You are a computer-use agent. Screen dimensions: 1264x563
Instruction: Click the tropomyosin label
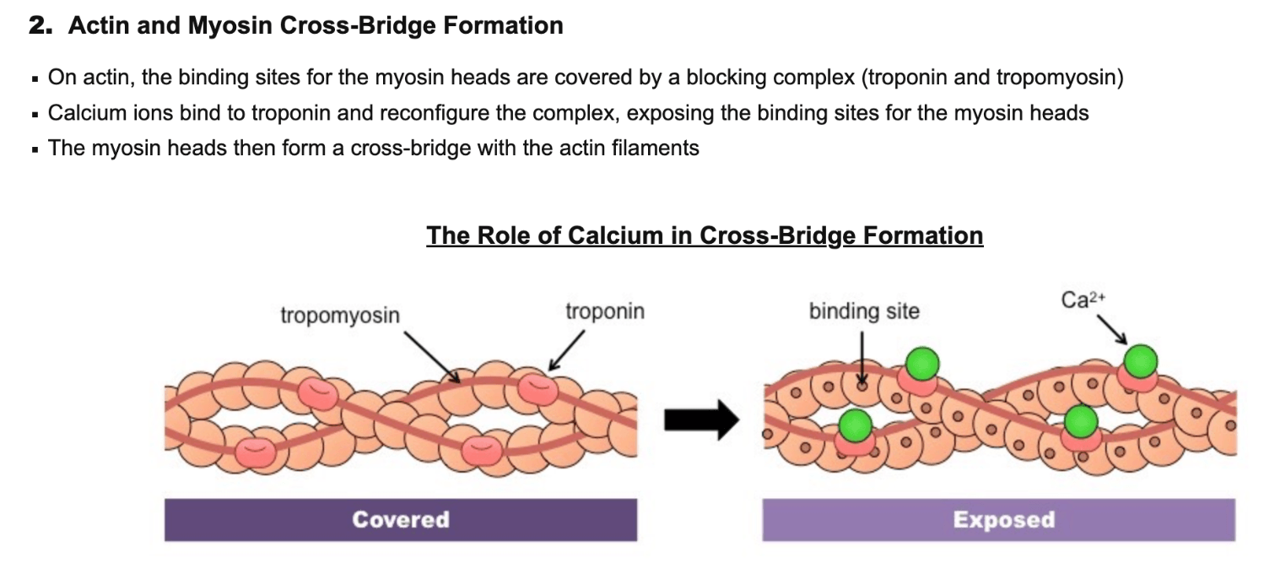tap(340, 316)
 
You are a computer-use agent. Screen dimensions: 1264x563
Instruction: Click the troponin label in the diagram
tap(605, 311)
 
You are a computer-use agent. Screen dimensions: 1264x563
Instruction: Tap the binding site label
tap(864, 311)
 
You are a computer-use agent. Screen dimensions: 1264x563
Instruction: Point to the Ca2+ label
tap(1083, 300)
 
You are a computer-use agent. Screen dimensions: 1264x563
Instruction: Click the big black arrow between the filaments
tap(702, 420)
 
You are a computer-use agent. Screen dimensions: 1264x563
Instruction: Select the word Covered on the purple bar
tap(401, 519)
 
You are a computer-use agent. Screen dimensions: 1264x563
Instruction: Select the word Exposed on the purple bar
tap(1004, 519)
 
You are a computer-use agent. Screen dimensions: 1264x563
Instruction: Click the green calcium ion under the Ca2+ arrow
tap(1141, 361)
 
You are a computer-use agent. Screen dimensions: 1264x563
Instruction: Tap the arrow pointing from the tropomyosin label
tap(432, 357)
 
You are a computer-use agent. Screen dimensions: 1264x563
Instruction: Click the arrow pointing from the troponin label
tap(566, 350)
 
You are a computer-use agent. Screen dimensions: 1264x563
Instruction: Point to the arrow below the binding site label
tap(862, 359)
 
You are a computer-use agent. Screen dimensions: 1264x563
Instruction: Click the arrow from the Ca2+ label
tap(1112, 330)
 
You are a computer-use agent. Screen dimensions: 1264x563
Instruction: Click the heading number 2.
tap(41, 25)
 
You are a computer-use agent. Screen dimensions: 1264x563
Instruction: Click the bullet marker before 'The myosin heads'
tap(35, 150)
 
